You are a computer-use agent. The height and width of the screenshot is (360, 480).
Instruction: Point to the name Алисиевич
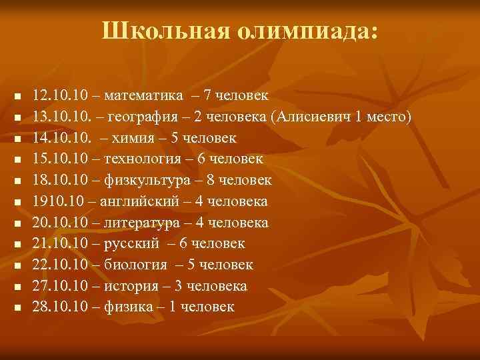click(x=314, y=117)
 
